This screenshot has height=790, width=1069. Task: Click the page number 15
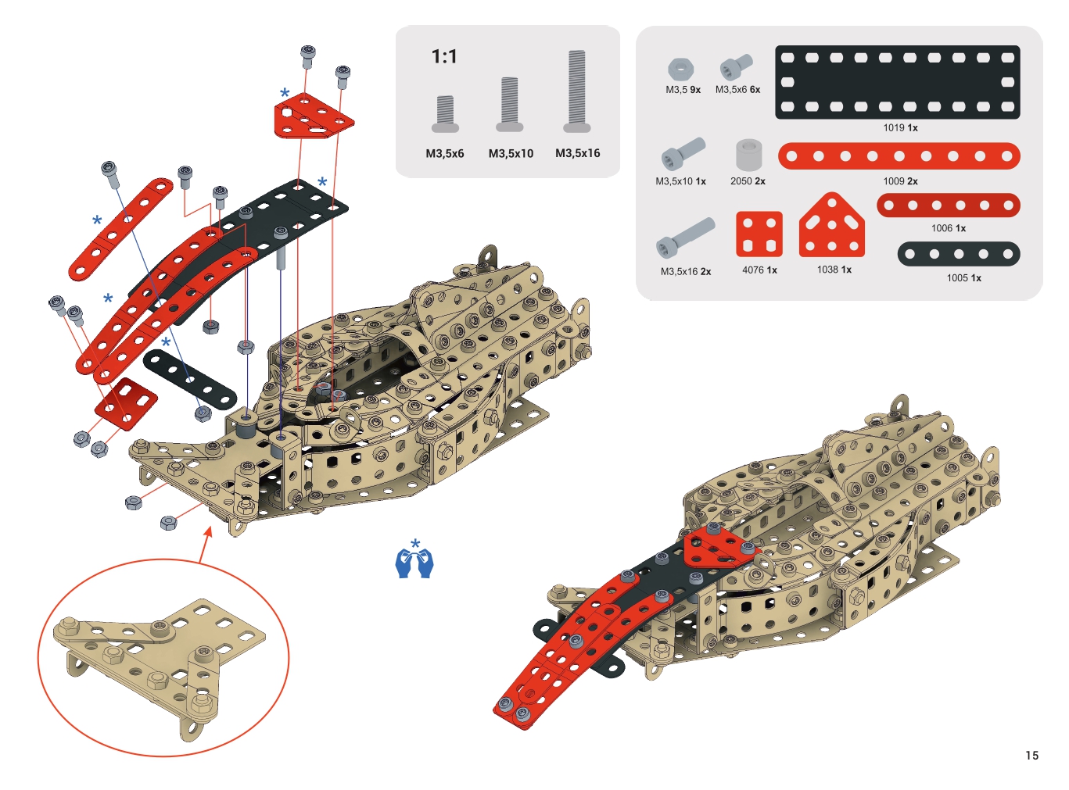pyautogui.click(x=1031, y=755)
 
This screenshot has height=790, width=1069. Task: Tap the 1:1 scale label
pyautogui.click(x=444, y=57)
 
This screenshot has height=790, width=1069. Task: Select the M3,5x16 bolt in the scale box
pyautogui.click(x=577, y=91)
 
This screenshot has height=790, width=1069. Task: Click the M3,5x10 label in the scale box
pyautogui.click(x=511, y=154)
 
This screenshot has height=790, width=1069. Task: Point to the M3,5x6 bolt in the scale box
pyautogui.click(x=445, y=113)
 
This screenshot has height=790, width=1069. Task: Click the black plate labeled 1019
pyautogui.click(x=897, y=82)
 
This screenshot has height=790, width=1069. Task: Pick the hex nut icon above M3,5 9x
pyautogui.click(x=680, y=70)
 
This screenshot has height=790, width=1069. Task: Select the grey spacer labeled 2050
pyautogui.click(x=748, y=155)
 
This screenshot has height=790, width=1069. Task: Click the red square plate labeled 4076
pyautogui.click(x=759, y=234)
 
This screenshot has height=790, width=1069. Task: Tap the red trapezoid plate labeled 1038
pyautogui.click(x=831, y=226)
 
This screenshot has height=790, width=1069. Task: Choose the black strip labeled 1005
pyautogui.click(x=958, y=254)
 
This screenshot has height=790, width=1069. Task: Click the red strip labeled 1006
pyautogui.click(x=948, y=206)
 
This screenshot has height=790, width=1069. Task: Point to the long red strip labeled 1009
pyautogui.click(x=899, y=156)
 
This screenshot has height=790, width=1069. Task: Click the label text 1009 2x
pyautogui.click(x=900, y=181)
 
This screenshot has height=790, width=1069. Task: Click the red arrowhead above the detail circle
pyautogui.click(x=208, y=532)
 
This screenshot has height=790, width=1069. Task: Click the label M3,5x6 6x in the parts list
pyautogui.click(x=737, y=90)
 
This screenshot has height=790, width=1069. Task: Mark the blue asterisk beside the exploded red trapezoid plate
pyautogui.click(x=285, y=92)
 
